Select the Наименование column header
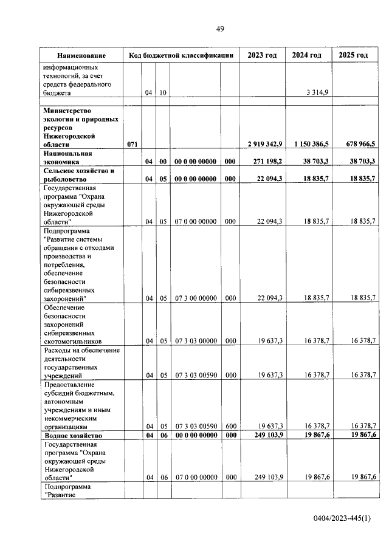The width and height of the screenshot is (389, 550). (x=81, y=55)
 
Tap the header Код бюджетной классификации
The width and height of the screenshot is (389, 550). (x=181, y=55)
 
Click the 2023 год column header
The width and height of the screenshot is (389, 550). (x=262, y=55)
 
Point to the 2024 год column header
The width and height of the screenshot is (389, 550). (x=307, y=55)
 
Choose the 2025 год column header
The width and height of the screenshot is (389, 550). (x=353, y=55)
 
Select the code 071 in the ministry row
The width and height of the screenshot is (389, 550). (x=133, y=144)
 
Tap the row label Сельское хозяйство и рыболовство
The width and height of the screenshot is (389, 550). (x=78, y=175)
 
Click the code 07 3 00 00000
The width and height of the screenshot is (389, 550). (x=196, y=298)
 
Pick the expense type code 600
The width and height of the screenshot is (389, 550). (x=230, y=427)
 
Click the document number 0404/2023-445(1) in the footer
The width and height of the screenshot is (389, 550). (x=342, y=518)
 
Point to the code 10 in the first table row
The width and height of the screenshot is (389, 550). (x=163, y=92)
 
